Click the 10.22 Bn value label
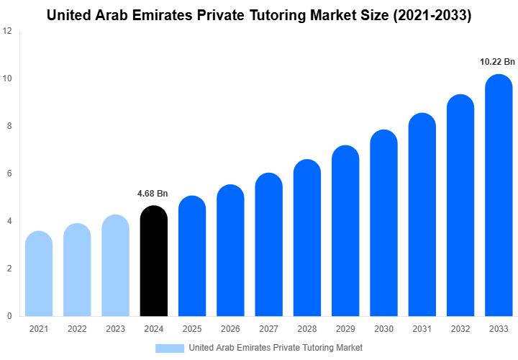[497, 62]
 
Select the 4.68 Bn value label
[153, 193]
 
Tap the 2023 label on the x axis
[115, 329]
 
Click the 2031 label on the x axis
[422, 329]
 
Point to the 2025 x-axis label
[191, 329]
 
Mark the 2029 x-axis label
[345, 329]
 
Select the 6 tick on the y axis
[9, 174]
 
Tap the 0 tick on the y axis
[9, 315]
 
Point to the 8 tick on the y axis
[9, 126]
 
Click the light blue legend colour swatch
[169, 348]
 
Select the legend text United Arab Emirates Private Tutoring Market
[276, 348]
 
